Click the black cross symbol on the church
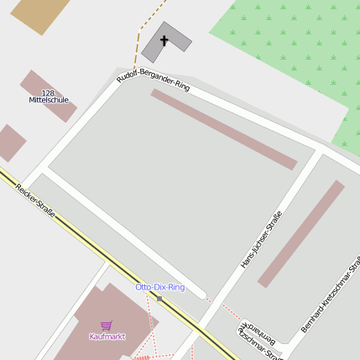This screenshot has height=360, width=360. pos(164,40)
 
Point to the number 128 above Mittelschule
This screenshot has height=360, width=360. pos(48,92)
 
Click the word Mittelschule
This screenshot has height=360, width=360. pos(49,100)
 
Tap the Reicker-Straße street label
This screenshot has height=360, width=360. pos(34,201)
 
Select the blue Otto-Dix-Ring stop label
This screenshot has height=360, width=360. pos(159,287)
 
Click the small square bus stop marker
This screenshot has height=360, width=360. pos(159,298)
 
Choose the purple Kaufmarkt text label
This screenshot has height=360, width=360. pos(107,337)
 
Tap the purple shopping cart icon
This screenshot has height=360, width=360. pos(107,326)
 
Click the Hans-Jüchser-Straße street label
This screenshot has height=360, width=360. pos(262,239)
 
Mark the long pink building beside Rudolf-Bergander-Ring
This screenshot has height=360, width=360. pos(223,129)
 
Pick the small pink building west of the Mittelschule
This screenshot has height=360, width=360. pos(9,143)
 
